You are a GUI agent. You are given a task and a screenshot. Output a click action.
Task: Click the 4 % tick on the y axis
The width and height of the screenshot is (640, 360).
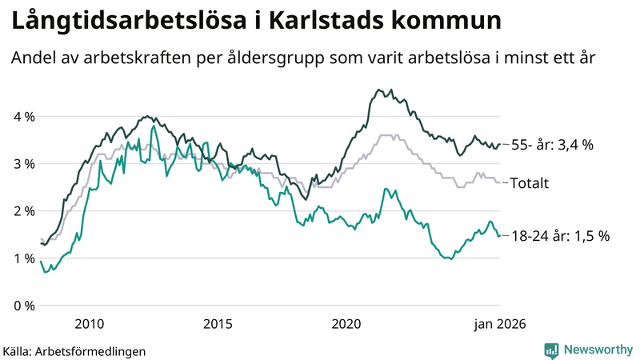click(x=24, y=117)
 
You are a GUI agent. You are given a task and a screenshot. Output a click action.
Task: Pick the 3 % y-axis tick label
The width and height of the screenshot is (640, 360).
click(x=24, y=164)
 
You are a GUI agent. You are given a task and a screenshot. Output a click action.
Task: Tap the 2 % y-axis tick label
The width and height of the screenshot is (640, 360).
click(x=24, y=211)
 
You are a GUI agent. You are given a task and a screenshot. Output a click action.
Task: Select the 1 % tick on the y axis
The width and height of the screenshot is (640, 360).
click(x=24, y=258)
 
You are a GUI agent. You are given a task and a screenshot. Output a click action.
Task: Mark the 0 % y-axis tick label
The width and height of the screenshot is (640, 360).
click(x=24, y=306)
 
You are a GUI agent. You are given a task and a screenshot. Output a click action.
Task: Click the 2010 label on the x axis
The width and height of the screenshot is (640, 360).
click(x=89, y=324)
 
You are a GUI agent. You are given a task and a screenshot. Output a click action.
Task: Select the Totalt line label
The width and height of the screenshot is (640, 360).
click(x=530, y=183)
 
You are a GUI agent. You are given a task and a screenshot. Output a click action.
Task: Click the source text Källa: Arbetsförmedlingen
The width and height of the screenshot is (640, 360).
click(x=74, y=350)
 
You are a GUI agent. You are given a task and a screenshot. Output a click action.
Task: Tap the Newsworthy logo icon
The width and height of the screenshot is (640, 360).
click(x=551, y=350)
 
